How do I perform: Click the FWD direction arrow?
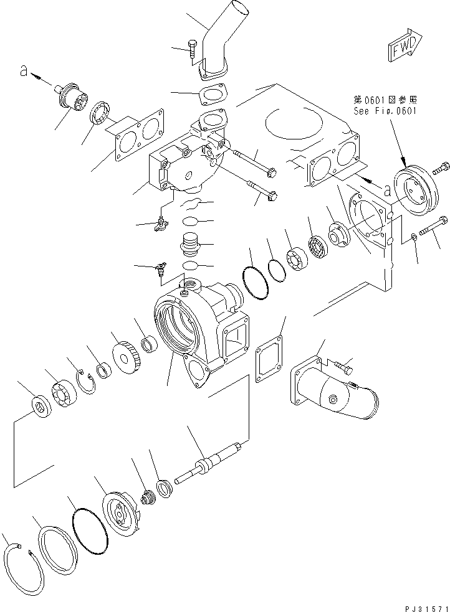404,47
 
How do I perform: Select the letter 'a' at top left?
23,72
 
